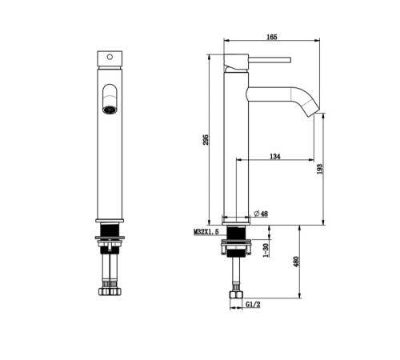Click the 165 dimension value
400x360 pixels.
(x=272, y=37)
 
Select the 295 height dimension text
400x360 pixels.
(x=206, y=140)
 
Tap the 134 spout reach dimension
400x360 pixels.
(x=275, y=156)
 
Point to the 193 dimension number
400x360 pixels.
(x=320, y=169)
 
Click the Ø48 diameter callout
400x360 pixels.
(x=261, y=214)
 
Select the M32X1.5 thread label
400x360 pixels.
(x=206, y=232)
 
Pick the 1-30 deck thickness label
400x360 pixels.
(x=266, y=250)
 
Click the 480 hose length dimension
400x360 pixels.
(x=296, y=262)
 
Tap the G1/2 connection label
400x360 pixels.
(x=253, y=304)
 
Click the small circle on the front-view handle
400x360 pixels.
(x=110, y=57)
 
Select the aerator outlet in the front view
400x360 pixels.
(x=110, y=110)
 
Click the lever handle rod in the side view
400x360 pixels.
(x=270, y=60)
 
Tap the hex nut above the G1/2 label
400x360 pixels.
(x=236, y=294)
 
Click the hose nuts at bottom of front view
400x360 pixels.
(x=110, y=291)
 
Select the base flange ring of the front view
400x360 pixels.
(x=110, y=221)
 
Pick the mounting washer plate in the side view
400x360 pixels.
(x=236, y=242)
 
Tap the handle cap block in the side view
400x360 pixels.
(x=236, y=63)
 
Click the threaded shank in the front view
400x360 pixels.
(x=110, y=230)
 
